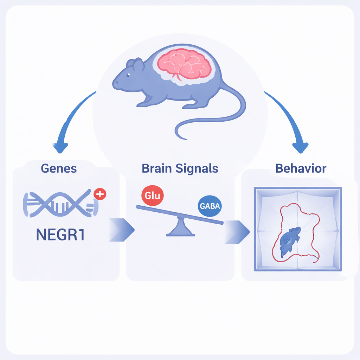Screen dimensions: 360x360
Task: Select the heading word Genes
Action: (x=59, y=168)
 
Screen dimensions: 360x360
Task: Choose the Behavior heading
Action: (x=301, y=168)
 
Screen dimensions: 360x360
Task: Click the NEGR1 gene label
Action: (x=60, y=234)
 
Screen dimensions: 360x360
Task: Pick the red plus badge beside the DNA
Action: (x=100, y=194)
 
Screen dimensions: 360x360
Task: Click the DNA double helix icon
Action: (x=60, y=204)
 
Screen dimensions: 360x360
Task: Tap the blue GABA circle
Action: (x=210, y=206)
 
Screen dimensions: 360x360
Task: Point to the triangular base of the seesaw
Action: (x=180, y=227)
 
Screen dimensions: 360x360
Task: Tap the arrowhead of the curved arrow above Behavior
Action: (x=301, y=148)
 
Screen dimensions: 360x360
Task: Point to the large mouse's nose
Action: (x=114, y=84)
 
